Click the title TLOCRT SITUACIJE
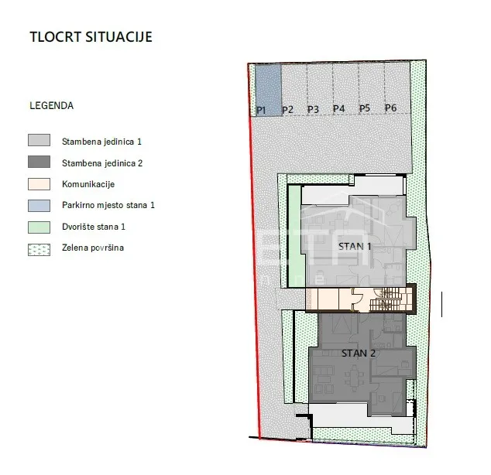coord(91,37)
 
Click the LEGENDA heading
coord(51,106)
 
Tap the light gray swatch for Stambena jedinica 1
coord(39,140)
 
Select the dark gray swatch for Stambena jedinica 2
coord(39,162)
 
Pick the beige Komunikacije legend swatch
coord(39,184)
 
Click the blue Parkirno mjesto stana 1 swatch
coord(39,206)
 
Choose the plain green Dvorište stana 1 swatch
coord(39,227)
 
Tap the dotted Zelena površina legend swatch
coord(39,250)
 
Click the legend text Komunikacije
coord(88,184)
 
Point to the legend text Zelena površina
coord(93,248)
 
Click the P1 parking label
coord(261,110)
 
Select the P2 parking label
coord(287,110)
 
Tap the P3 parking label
coord(313,109)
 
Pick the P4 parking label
coord(338,109)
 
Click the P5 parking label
coord(365,108)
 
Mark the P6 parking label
coord(391,108)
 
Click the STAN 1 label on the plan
coord(355,247)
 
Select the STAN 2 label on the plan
coord(359,354)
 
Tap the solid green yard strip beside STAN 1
coord(294,236)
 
